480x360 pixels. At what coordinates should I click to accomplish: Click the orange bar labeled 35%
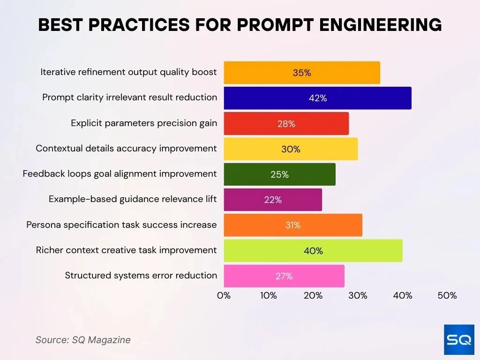301,73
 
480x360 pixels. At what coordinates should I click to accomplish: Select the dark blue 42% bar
317,98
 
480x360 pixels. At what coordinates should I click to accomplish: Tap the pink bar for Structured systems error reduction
284,276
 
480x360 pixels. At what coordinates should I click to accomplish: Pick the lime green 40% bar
313,251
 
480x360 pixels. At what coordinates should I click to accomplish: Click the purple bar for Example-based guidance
272,200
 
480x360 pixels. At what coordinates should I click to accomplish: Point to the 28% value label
286,124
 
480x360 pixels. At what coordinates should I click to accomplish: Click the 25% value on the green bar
279,174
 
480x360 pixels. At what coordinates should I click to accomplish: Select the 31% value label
293,225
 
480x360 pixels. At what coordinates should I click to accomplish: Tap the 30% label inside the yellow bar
291,149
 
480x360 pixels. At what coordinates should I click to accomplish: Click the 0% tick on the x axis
224,296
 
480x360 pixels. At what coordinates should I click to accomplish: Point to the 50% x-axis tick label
447,296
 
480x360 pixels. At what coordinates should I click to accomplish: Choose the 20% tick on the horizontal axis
313,296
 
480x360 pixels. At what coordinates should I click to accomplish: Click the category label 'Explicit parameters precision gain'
144,123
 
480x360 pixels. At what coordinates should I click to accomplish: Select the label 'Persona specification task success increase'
121,225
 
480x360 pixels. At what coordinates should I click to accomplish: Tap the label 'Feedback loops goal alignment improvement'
120,174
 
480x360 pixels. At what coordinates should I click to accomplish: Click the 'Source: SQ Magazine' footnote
83,340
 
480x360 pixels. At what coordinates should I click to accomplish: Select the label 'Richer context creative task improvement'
126,250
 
